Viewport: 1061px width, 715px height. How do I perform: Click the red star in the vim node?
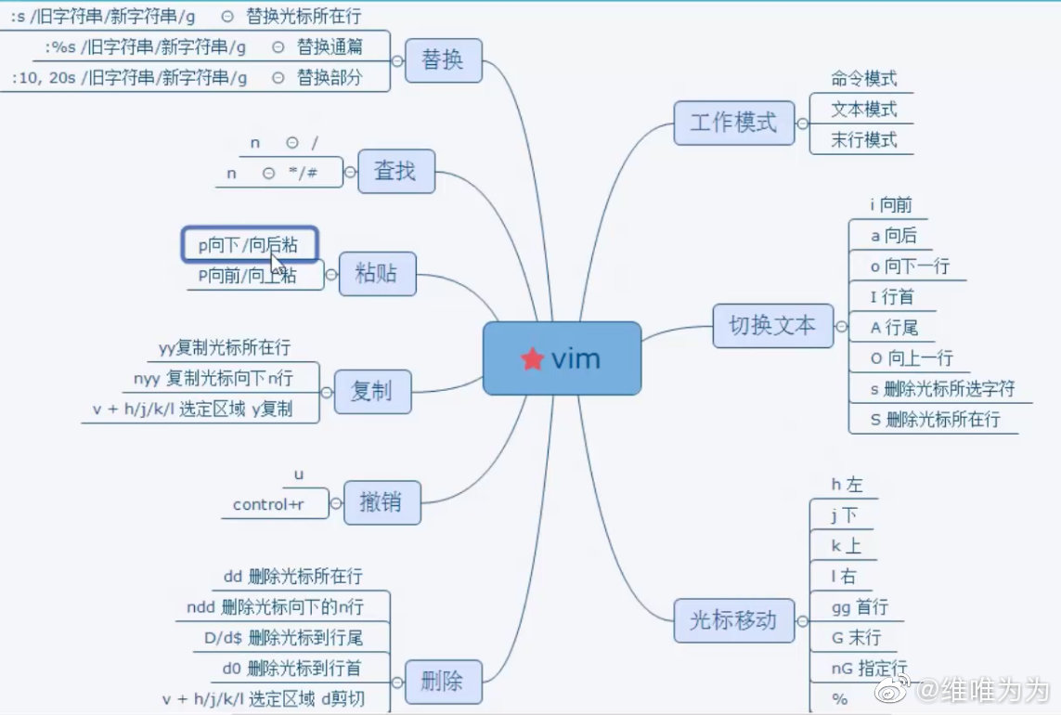pos(532,359)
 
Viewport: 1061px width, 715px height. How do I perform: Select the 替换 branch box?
pos(442,60)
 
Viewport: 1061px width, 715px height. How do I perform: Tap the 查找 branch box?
pos(395,171)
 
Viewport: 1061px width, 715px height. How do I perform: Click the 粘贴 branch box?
pos(377,274)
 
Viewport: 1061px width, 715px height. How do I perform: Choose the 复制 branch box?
pos(371,392)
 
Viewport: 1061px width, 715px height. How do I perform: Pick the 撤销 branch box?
pos(382,503)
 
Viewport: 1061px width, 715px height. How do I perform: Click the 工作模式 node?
pos(734,123)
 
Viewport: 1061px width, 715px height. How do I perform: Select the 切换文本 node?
pos(772,326)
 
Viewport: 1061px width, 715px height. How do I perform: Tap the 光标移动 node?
pos(733,619)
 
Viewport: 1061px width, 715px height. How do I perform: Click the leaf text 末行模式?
pos(864,140)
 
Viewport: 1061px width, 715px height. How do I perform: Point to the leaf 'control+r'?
pos(268,504)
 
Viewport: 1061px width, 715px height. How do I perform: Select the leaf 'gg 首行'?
pos(860,607)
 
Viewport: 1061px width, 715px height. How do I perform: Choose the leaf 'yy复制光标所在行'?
pos(225,348)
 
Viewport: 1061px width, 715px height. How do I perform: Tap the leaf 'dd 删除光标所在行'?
pos(292,577)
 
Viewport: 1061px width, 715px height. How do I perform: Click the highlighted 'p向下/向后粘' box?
pos(249,245)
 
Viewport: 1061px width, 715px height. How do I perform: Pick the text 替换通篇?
pos(330,46)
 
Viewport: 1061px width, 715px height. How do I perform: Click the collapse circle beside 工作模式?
pos(803,123)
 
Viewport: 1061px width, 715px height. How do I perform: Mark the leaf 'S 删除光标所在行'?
pos(935,419)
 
